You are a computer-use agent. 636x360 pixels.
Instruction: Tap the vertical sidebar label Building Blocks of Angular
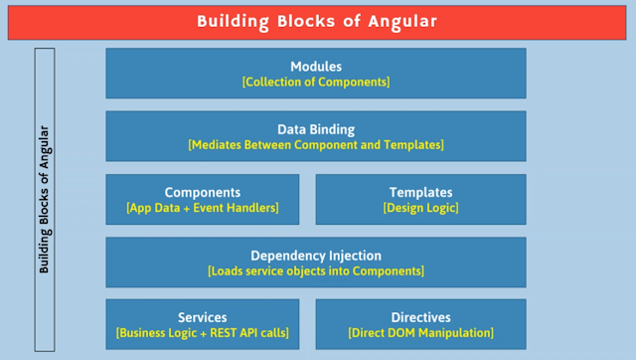pos(45,200)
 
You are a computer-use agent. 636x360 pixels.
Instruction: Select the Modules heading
pos(315,67)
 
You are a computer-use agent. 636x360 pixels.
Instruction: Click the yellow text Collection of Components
pos(316,83)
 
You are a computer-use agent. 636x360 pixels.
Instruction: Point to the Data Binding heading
pos(315,129)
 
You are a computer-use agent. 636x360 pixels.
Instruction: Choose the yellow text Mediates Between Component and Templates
pos(316,145)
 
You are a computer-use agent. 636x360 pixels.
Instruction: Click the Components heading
pos(202,192)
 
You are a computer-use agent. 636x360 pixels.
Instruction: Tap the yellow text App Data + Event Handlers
pos(202,208)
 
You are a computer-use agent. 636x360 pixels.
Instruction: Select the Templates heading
pos(420,192)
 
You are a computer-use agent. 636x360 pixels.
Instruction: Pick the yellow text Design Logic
pos(420,208)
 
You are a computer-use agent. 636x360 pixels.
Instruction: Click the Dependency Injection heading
pos(315,255)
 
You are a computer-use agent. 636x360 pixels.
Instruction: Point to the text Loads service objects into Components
pos(316,270)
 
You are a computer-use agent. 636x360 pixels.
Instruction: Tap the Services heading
pos(202,317)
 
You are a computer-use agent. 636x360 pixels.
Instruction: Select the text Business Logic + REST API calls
pos(202,333)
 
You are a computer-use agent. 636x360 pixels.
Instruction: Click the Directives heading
pos(420,317)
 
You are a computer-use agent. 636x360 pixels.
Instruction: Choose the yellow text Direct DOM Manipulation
pos(420,333)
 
